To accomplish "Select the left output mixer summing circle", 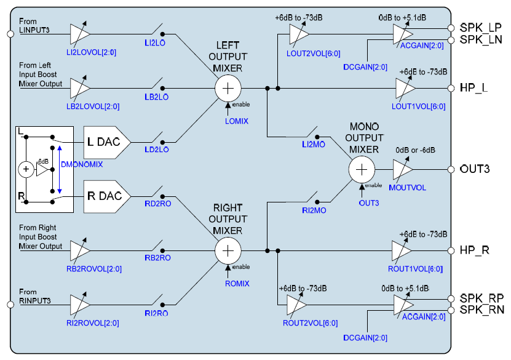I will pyautogui.click(x=228, y=88).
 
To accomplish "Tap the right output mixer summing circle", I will pyautogui.click(x=228, y=250).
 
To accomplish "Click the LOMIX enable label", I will pyautogui.click(x=237, y=121).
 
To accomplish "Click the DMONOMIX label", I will pyautogui.click(x=83, y=165).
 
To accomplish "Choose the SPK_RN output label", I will pyautogui.click(x=481, y=311).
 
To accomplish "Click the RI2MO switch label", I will pyautogui.click(x=314, y=210).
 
